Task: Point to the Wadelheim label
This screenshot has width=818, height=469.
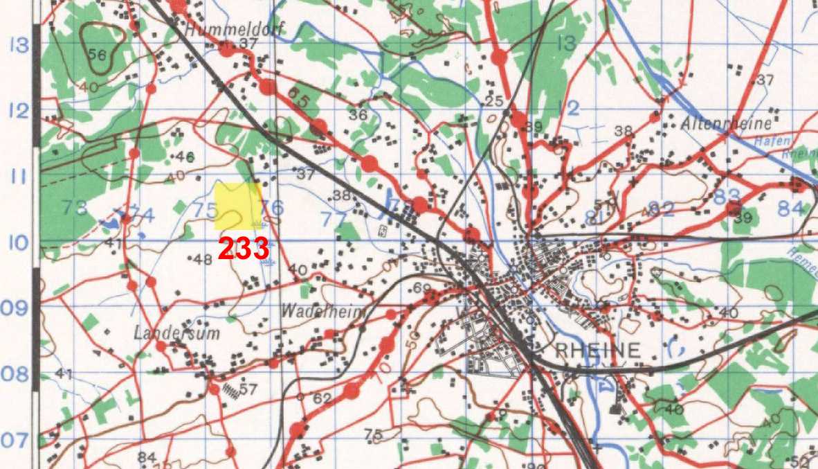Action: (x=323, y=312)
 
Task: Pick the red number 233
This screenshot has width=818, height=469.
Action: (x=244, y=249)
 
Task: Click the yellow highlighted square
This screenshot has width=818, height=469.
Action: (x=237, y=206)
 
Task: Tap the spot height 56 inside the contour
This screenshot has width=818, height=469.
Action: (x=98, y=53)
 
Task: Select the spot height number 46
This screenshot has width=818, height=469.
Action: (x=185, y=156)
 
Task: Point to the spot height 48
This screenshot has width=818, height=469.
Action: (x=203, y=259)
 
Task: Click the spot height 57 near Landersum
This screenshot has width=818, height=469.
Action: (x=248, y=389)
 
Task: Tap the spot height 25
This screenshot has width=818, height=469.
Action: (x=493, y=102)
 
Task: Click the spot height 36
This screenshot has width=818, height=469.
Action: (x=358, y=114)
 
